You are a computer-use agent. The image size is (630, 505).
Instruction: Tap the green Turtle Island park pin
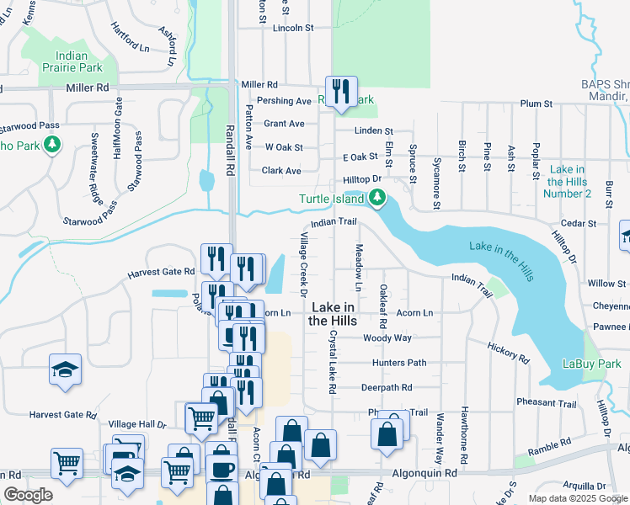coord(377,199)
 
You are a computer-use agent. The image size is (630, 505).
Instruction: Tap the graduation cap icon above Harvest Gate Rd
coord(65,369)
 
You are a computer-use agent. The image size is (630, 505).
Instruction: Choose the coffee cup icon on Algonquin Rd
coord(222,469)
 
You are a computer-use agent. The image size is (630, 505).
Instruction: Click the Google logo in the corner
coord(28,495)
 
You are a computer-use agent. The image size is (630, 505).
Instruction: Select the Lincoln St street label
coord(293,28)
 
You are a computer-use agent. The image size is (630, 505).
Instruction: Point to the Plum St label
coord(536,104)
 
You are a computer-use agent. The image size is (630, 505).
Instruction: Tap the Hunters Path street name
coord(399,363)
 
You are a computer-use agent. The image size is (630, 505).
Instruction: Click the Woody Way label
coord(387,338)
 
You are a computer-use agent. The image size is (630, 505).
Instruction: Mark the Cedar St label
coord(580,224)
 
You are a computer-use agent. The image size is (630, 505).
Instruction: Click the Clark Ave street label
coord(281,170)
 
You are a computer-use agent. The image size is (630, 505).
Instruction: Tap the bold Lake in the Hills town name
coord(332,315)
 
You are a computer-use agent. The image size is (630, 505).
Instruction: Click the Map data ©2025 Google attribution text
coord(577,498)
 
